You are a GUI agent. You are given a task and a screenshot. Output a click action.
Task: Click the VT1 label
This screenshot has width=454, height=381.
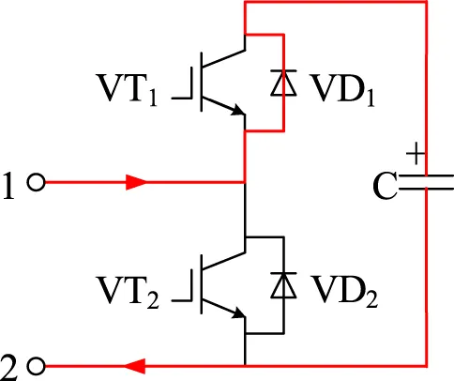128,91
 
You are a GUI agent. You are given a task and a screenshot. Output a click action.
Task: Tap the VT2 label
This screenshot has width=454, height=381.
129,293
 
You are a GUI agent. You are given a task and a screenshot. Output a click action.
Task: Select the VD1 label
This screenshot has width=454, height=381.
341,91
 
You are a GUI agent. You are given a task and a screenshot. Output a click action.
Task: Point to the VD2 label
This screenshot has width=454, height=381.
344,292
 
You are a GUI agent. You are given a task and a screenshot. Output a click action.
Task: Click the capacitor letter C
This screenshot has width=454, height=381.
385,186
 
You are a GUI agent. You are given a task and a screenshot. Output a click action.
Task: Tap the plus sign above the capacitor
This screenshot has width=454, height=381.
416,153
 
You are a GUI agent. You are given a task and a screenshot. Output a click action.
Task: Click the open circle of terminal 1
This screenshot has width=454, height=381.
37,182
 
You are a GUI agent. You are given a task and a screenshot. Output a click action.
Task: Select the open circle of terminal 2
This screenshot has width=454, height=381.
37,366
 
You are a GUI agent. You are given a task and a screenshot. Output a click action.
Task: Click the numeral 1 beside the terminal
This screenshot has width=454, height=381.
8,186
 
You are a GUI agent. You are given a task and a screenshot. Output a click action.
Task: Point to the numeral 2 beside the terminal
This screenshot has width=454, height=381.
8,368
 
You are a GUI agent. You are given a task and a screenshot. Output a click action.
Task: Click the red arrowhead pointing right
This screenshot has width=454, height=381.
136,182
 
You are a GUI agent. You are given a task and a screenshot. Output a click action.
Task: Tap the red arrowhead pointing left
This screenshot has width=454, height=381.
135,366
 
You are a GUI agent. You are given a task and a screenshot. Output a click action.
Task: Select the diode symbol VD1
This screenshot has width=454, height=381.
283,83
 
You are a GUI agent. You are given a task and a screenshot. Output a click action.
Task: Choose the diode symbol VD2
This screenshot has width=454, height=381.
283,285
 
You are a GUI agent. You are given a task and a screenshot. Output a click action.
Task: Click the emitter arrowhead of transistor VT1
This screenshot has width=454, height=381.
237,110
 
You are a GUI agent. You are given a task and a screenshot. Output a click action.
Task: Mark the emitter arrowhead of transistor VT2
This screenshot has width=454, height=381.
237,312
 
